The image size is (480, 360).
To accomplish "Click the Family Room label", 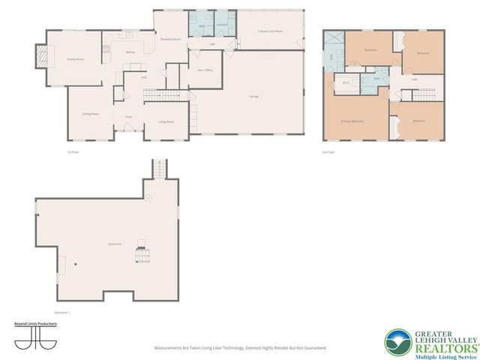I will click(x=74, y=58).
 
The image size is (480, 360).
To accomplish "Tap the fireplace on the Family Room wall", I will click(x=42, y=55).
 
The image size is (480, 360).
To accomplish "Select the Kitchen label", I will click(x=130, y=52).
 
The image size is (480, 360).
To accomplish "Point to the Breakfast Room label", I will click(x=171, y=39).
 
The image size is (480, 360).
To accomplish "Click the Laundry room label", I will click(x=222, y=25).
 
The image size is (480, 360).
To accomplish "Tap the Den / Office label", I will click(x=205, y=70).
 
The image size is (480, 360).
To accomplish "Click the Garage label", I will click(x=255, y=96).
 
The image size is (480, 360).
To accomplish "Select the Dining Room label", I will click(x=91, y=113).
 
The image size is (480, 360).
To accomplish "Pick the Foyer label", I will click(x=128, y=117).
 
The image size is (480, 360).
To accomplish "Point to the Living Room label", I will click(x=166, y=121).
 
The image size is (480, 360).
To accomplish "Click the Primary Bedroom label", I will click(x=352, y=121).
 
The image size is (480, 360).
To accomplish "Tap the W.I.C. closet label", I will click(x=347, y=82).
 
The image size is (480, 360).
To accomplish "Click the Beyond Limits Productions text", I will click(x=36, y=323).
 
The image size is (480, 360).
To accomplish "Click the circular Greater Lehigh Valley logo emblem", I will click(x=397, y=341).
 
